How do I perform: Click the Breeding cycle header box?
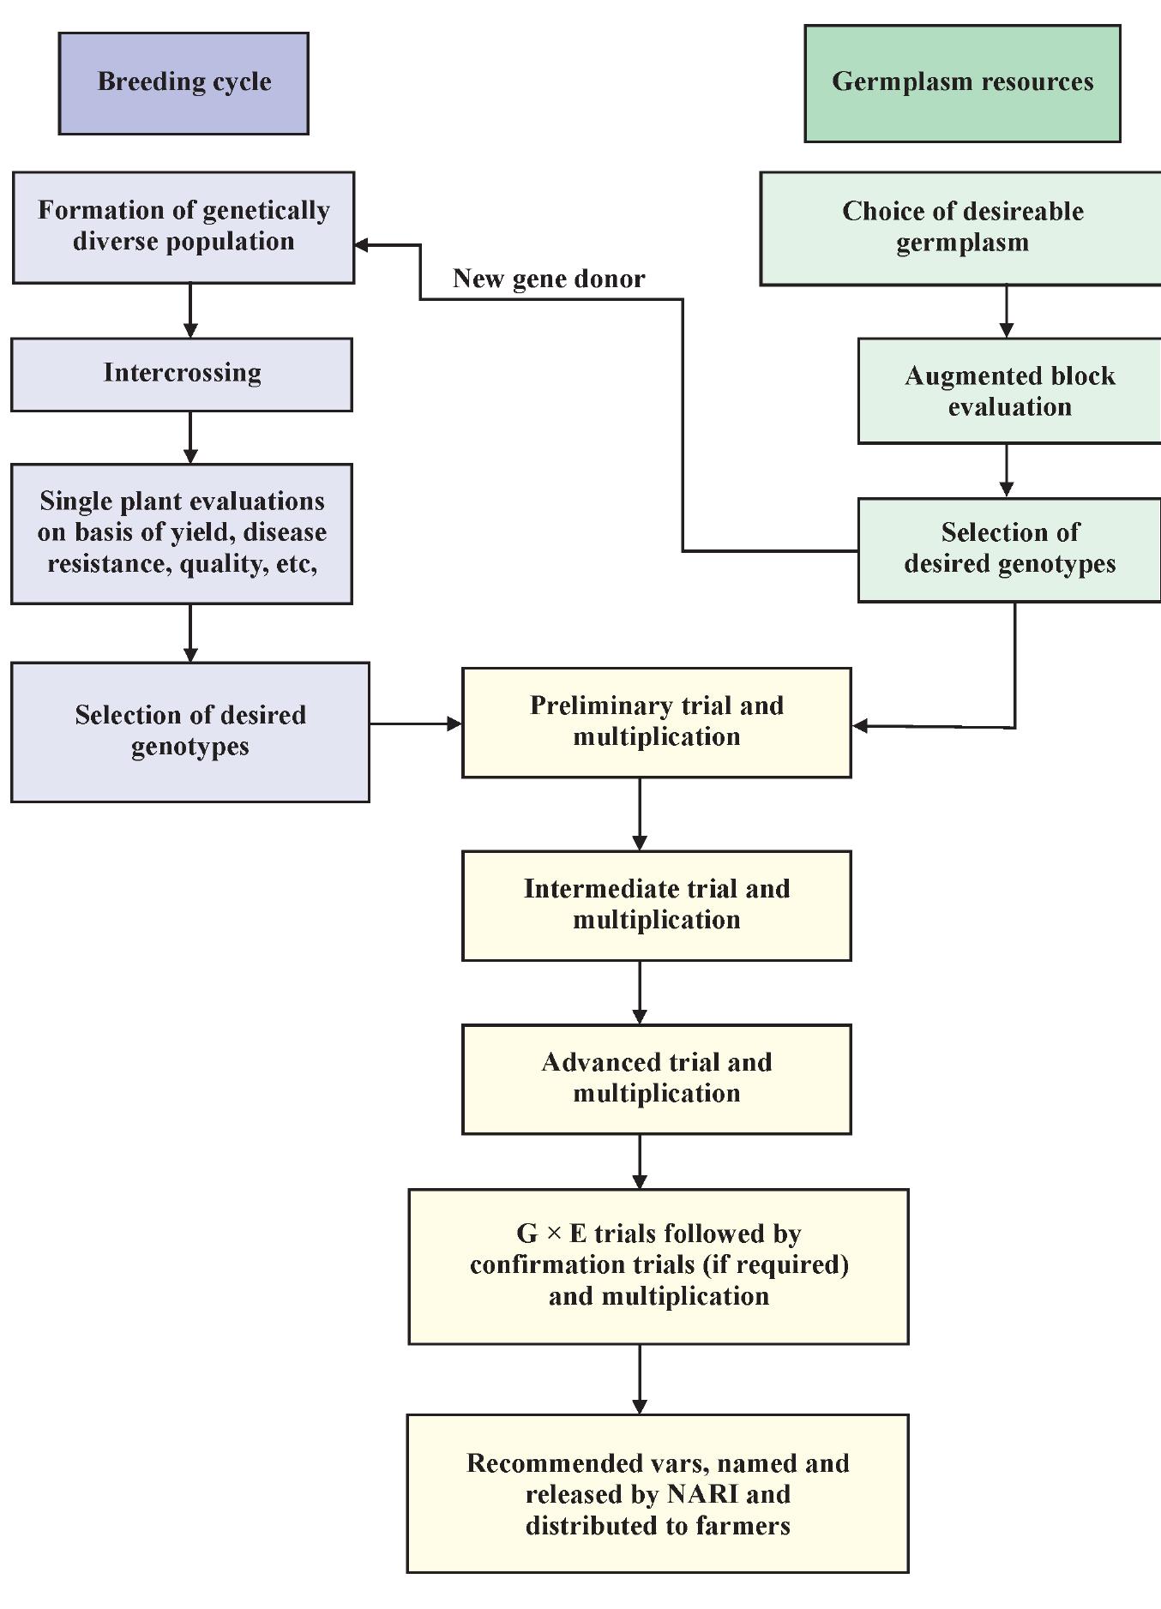pyautogui.click(x=183, y=83)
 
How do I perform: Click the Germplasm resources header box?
pyautogui.click(x=962, y=83)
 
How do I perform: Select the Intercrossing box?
pyautogui.click(x=182, y=374)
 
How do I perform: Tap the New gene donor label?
pyautogui.click(x=549, y=279)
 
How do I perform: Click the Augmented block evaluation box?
pyautogui.click(x=1009, y=391)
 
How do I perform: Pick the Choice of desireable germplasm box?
pyautogui.click(x=962, y=227)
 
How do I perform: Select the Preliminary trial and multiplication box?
pyautogui.click(x=656, y=722)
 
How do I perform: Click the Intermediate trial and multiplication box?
pyautogui.click(x=656, y=904)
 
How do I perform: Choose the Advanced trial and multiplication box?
pyautogui.click(x=656, y=1078)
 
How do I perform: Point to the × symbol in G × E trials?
pyautogui.click(x=554, y=1234)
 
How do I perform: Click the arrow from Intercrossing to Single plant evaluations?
pyautogui.click(x=190, y=437)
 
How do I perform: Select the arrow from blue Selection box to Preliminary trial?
pyautogui.click(x=416, y=724)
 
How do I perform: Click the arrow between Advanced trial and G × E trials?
pyautogui.click(x=640, y=1162)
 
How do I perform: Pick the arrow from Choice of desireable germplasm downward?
pyautogui.click(x=1007, y=311)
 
